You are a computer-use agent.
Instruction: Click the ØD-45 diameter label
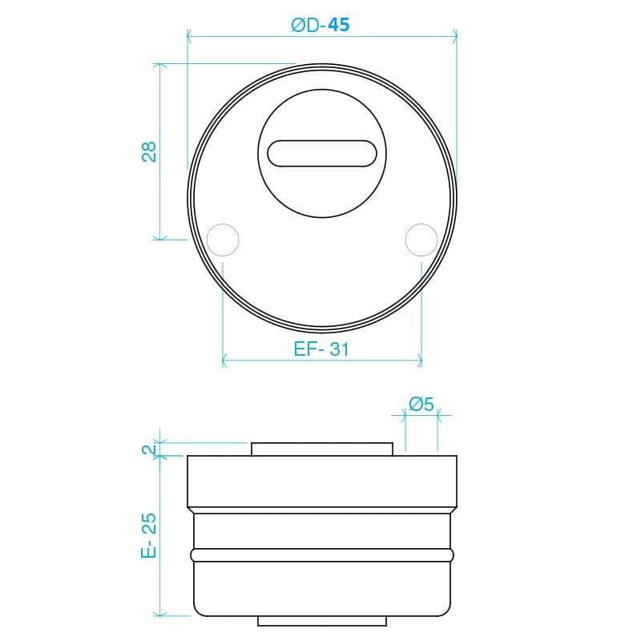click(x=320, y=25)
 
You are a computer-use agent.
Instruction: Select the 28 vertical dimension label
click(x=149, y=151)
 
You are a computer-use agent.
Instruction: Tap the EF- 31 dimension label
click(x=321, y=349)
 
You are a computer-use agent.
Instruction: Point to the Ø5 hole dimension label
click(x=421, y=405)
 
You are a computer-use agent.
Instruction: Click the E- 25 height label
click(x=149, y=535)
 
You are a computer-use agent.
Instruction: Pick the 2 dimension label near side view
click(x=149, y=450)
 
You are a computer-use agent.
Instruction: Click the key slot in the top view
click(x=322, y=154)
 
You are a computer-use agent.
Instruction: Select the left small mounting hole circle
click(x=223, y=240)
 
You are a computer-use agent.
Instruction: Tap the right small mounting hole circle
click(x=421, y=240)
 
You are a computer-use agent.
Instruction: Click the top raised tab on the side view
click(x=322, y=449)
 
